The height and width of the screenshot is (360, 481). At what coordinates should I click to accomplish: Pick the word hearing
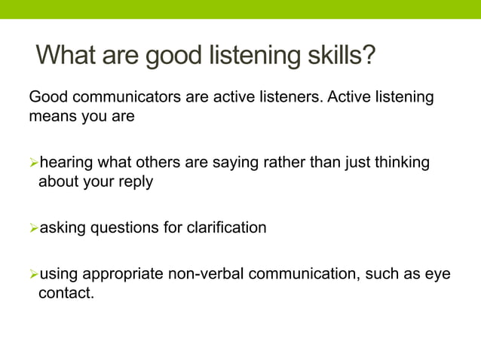pos(66,163)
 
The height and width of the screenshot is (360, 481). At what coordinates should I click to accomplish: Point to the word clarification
pos(225,227)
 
